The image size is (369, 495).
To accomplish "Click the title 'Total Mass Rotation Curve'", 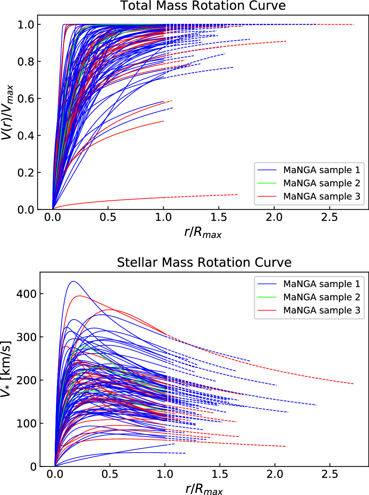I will pyautogui.click(x=203, y=6).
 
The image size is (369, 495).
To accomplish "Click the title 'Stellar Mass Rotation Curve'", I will pyautogui.click(x=204, y=263).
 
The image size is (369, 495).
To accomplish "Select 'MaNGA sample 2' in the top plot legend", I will pyautogui.click(x=321, y=183).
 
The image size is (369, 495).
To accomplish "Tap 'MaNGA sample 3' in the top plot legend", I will pyautogui.click(x=321, y=196).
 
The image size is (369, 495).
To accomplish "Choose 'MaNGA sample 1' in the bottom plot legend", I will pyautogui.click(x=321, y=284).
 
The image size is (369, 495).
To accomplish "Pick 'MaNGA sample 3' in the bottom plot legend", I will pyautogui.click(x=321, y=310).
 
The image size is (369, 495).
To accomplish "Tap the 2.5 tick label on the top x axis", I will pyautogui.click(x=329, y=218).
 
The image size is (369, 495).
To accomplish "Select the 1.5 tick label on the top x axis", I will pyautogui.click(x=219, y=218).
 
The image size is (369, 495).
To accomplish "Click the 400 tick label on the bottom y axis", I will pyautogui.click(x=26, y=294).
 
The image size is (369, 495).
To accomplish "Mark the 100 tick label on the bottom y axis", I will pyautogui.click(x=26, y=423).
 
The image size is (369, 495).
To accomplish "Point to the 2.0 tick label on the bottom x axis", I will pyautogui.click(x=275, y=474).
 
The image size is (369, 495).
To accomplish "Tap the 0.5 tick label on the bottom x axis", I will pyautogui.click(x=110, y=474).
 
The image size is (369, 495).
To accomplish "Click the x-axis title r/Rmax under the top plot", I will pyautogui.click(x=203, y=233).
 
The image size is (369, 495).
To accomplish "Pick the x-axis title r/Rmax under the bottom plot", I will pyautogui.click(x=204, y=489).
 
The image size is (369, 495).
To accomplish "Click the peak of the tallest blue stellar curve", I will pyautogui.click(x=73, y=282).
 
